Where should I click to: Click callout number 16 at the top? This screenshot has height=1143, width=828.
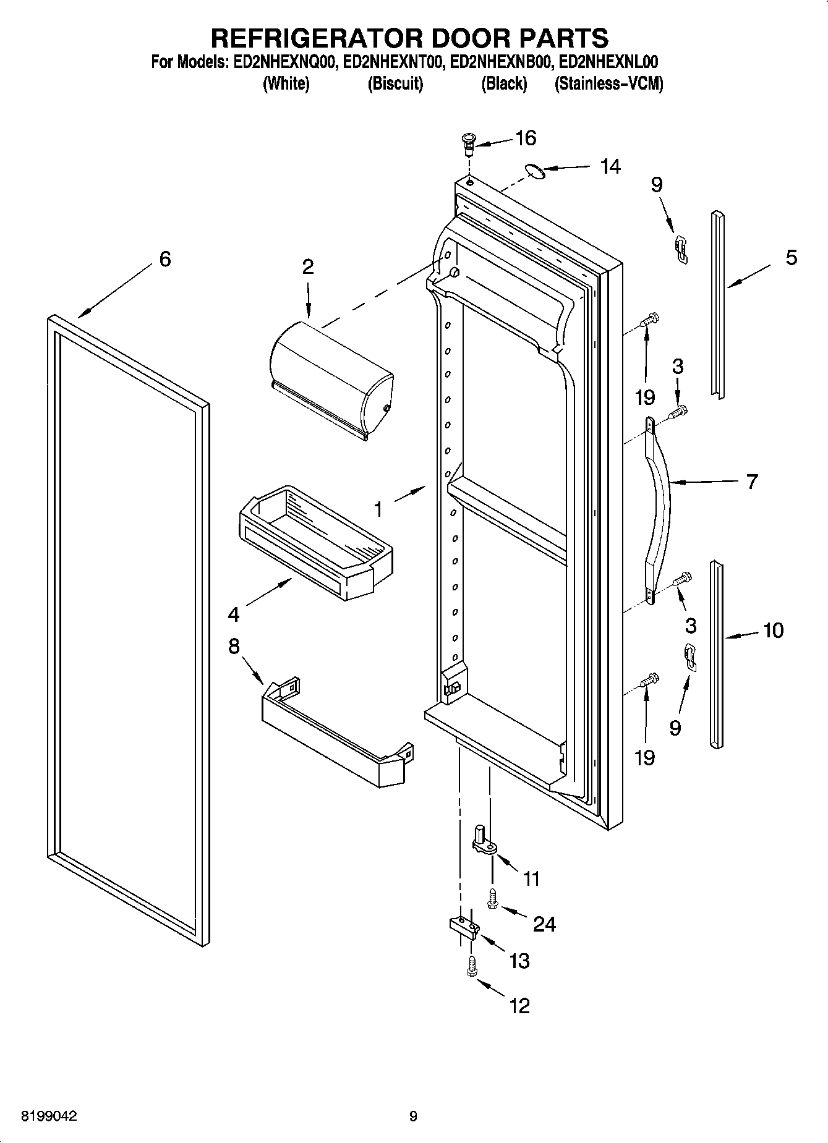[526, 138]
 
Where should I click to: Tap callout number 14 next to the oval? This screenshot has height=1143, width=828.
[610, 167]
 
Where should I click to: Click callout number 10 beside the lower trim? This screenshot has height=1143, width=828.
[773, 631]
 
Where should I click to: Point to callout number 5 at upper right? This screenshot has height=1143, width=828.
[792, 257]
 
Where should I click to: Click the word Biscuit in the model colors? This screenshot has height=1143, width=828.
[395, 83]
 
